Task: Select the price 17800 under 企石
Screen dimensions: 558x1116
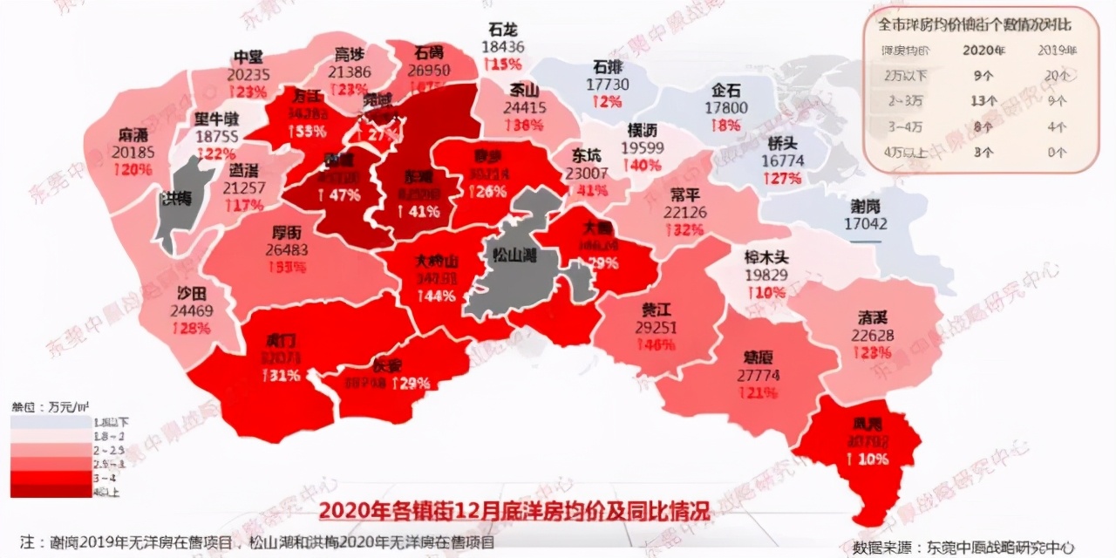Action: [725, 107]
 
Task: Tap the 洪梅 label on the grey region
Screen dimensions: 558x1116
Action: [175, 197]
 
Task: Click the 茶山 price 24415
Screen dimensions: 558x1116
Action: [527, 108]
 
